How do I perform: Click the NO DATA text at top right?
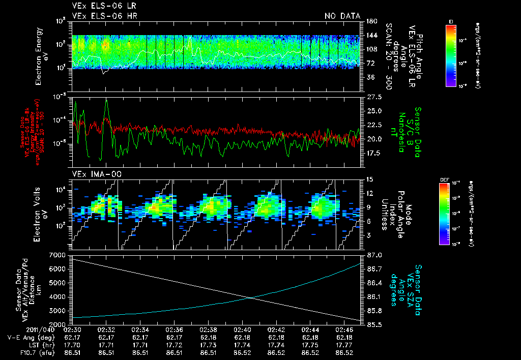point(342,16)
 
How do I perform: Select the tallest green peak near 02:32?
point(106,100)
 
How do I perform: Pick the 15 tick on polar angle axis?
point(368,179)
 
